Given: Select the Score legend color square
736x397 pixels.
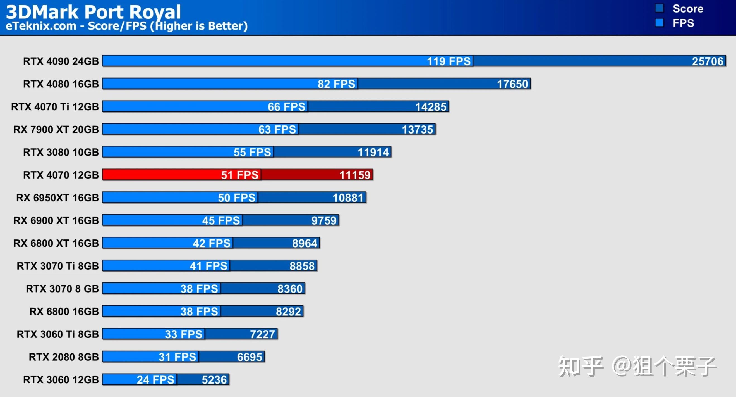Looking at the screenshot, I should (x=659, y=8).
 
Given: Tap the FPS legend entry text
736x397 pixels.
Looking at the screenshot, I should (x=683, y=23).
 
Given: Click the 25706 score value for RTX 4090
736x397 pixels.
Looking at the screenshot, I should (x=707, y=61).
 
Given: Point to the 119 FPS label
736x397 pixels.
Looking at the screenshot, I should (x=448, y=61).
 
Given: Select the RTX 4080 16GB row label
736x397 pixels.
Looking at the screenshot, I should (x=61, y=84).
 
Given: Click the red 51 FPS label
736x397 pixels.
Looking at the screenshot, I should (x=239, y=175).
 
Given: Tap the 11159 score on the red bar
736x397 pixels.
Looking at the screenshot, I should (x=354, y=175).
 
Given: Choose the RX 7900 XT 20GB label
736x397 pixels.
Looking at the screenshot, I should (x=56, y=129).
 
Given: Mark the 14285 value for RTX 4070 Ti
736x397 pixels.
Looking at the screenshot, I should (x=431, y=107).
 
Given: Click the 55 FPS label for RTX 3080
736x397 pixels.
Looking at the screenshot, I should (x=252, y=152).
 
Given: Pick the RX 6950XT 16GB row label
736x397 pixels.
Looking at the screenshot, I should (x=57, y=198).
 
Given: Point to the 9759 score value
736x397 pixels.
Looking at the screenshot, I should (x=324, y=220).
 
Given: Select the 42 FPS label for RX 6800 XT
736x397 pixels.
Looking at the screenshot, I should (x=212, y=243).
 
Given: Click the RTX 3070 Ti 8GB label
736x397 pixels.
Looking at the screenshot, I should (x=58, y=266).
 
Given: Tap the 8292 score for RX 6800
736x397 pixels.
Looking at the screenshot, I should (x=288, y=312).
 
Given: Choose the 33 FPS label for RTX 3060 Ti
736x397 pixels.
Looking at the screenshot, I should (x=183, y=334).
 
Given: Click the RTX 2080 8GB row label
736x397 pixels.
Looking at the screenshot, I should (x=64, y=357).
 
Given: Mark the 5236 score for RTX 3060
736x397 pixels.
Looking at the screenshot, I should (x=214, y=380).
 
